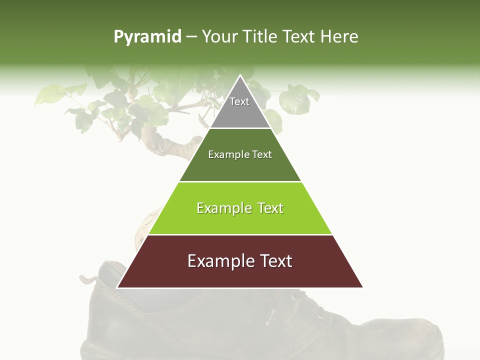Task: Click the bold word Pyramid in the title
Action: click(x=147, y=37)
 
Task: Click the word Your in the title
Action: click(x=219, y=37)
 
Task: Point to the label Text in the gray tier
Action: click(x=239, y=101)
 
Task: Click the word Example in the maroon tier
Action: click(x=217, y=261)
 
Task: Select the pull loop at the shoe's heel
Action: click(x=89, y=277)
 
